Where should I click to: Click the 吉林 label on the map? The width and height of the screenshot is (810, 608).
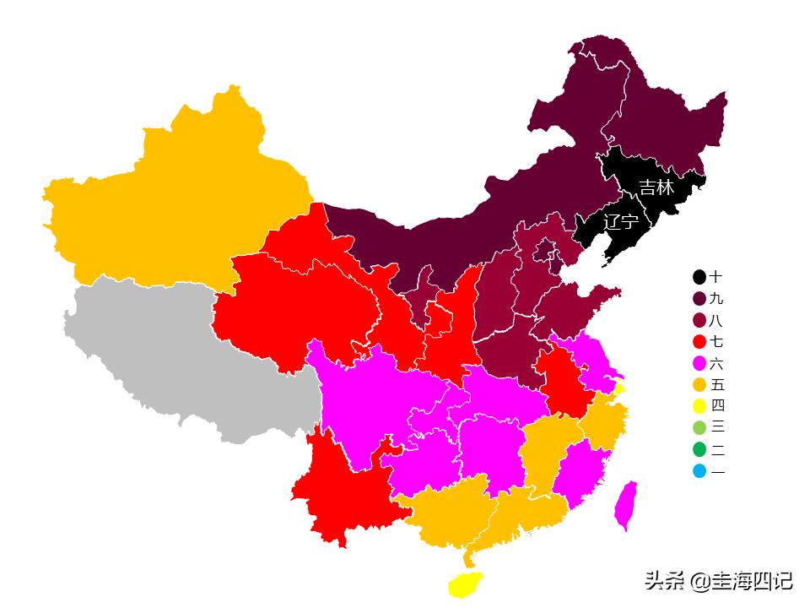tap(656, 187)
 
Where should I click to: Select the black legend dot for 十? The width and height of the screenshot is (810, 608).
tap(699, 277)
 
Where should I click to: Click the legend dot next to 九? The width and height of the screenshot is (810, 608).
tap(699, 299)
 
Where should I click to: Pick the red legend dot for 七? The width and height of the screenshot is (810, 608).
tap(699, 342)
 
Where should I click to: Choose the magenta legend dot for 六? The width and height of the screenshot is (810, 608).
tap(699, 364)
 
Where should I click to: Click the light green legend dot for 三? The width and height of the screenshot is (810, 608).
tap(699, 428)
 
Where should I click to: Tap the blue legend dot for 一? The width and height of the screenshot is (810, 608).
tap(699, 471)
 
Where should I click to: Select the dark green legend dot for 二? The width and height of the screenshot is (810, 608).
tap(699, 450)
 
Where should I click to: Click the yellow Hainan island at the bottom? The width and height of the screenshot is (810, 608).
tap(465, 584)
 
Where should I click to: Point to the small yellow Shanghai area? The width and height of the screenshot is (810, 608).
tap(620, 389)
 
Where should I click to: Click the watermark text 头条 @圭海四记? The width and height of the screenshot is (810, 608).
tap(718, 581)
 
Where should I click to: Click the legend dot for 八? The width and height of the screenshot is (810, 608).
tap(699, 321)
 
